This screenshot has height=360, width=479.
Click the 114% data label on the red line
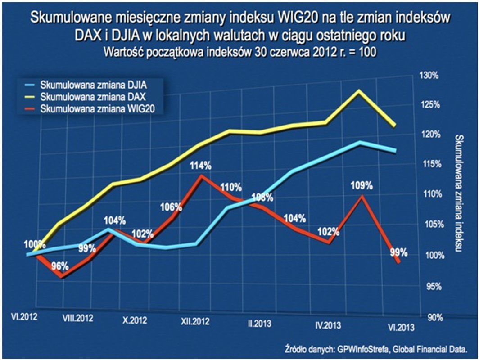coord(200,166)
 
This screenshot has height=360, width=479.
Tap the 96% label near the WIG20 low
coord(60,265)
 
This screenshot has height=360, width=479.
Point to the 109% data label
coord(362,185)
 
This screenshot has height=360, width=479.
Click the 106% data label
coord(171,207)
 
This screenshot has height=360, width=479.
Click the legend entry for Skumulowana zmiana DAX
coord(95,96)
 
